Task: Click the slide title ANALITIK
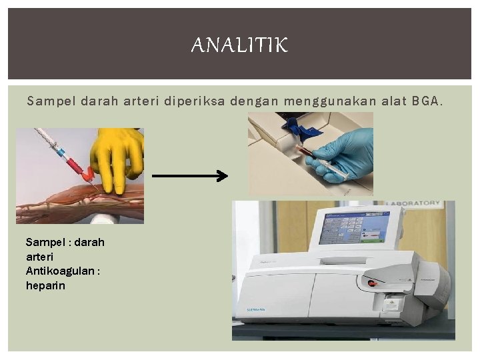[239, 45]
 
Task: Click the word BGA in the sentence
[428, 101]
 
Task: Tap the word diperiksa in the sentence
[197, 101]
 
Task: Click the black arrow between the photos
[190, 176]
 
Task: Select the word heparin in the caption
[45, 285]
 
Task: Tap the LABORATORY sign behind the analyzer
[413, 203]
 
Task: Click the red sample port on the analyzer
[372, 283]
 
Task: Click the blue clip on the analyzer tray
[293, 127]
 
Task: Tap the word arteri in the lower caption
[39, 256]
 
